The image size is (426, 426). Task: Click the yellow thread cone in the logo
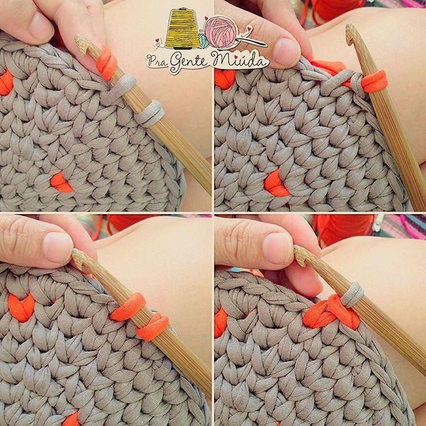(182, 28)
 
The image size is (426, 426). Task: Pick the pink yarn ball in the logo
(221, 32)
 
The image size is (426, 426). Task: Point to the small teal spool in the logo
(203, 40)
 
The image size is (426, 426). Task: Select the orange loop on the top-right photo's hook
(374, 81)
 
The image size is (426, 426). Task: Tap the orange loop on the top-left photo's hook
(106, 63)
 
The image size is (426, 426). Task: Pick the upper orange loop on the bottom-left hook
(128, 307)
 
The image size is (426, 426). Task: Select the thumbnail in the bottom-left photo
(58, 248)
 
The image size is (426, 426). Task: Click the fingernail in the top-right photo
(287, 52)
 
